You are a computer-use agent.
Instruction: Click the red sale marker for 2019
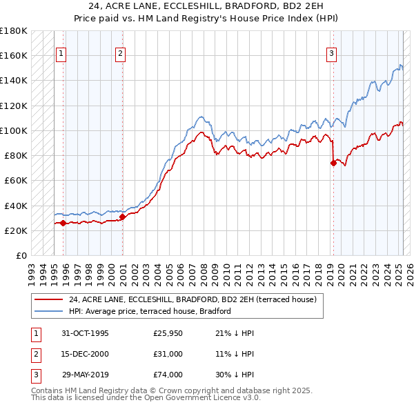coord(333,163)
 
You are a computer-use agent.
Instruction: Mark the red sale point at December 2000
coord(122,217)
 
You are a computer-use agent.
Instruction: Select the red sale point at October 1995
coord(63,223)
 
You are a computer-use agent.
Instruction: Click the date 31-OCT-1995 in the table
coord(85,333)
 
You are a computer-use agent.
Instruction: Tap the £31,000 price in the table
coord(168,354)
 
